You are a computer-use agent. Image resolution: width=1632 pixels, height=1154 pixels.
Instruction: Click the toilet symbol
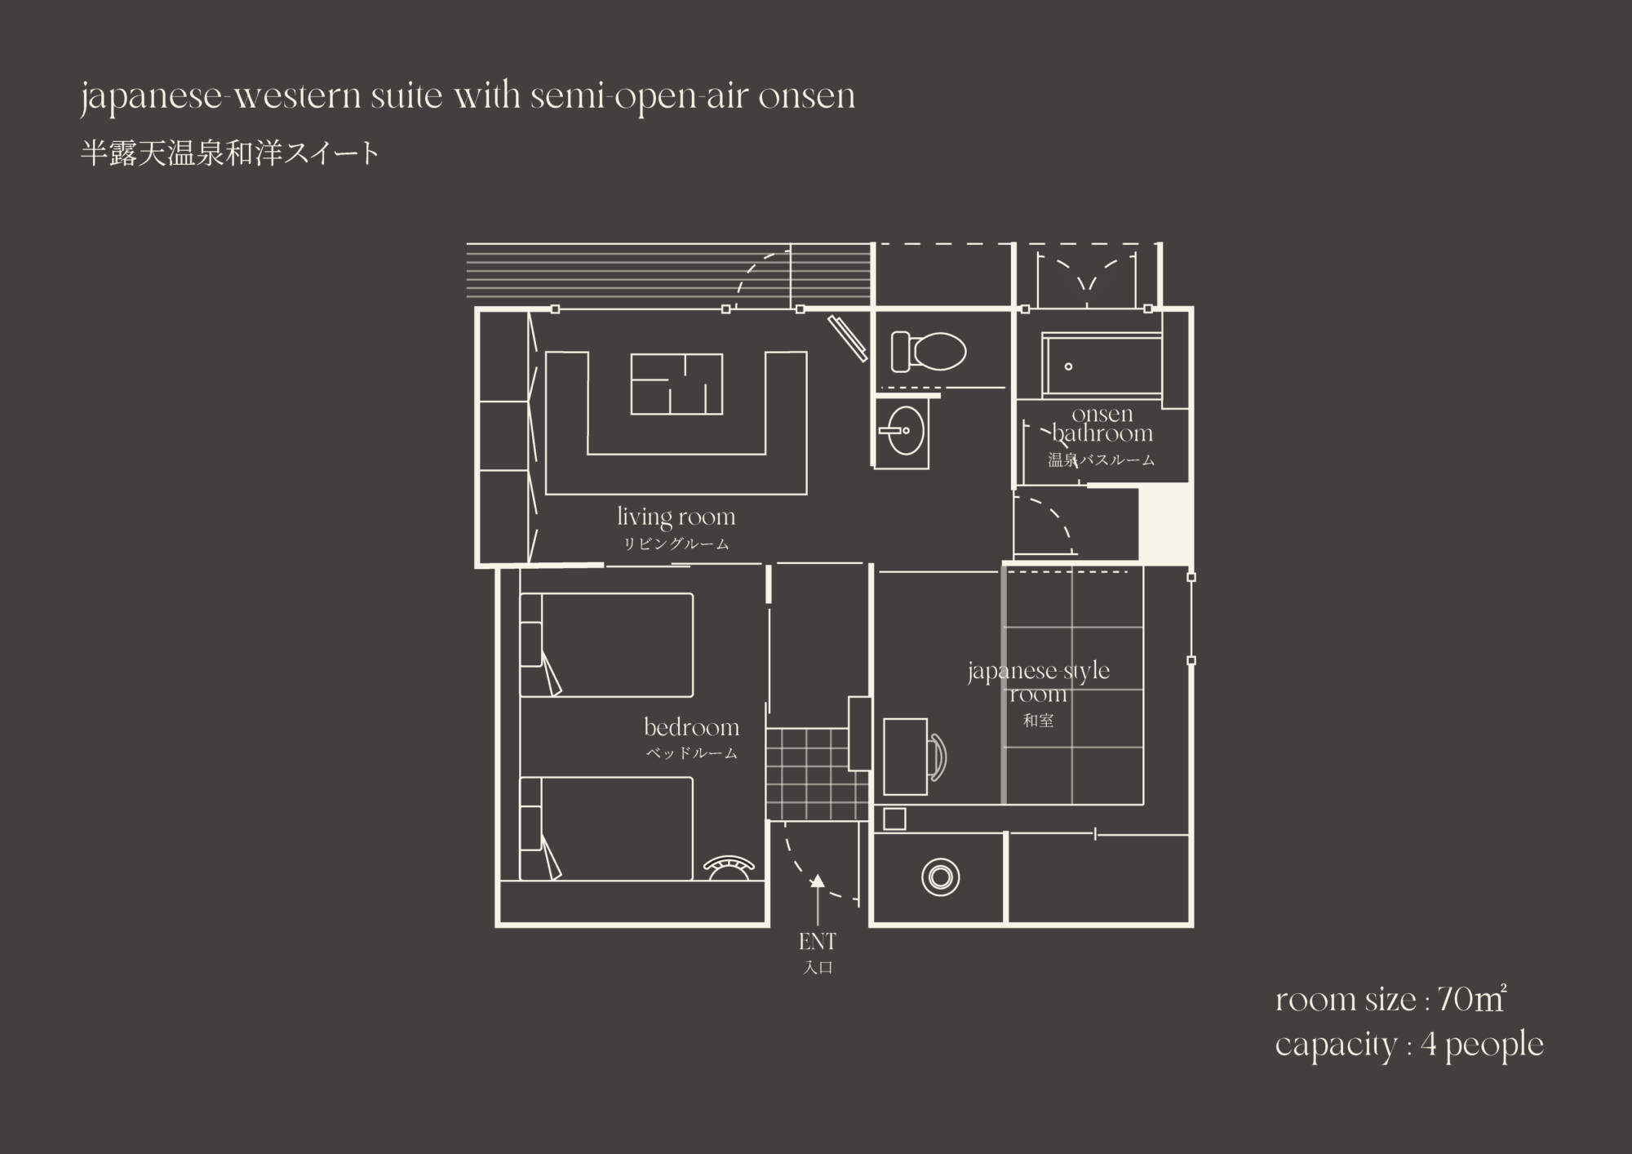(929, 352)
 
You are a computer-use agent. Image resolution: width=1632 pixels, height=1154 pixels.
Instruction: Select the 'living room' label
(676, 517)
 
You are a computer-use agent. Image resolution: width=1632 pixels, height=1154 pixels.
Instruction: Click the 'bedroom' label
(691, 727)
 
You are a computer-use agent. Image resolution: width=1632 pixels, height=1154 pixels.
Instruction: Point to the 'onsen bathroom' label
(1102, 424)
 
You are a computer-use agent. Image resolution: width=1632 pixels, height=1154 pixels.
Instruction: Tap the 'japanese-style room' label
(1038, 682)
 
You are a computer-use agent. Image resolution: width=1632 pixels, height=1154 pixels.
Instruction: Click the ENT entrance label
(817, 942)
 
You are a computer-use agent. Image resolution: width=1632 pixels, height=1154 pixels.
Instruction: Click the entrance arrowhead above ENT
(817, 881)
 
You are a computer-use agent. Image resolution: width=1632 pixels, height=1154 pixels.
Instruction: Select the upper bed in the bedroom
(606, 645)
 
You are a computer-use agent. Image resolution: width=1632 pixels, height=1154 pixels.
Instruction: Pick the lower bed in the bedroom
(606, 828)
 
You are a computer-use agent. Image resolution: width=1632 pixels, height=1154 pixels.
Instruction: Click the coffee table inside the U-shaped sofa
(676, 384)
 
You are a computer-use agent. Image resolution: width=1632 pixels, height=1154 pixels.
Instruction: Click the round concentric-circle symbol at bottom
(940, 877)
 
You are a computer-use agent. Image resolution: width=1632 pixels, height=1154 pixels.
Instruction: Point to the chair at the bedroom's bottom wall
(730, 867)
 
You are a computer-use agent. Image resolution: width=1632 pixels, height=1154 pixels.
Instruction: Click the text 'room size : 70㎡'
(1390, 1000)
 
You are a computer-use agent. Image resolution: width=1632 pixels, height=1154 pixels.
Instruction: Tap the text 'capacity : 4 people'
(1409, 1045)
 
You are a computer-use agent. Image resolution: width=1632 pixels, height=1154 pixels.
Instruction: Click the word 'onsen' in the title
(806, 96)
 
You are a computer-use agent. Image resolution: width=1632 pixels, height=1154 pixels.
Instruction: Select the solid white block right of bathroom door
(1164, 522)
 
